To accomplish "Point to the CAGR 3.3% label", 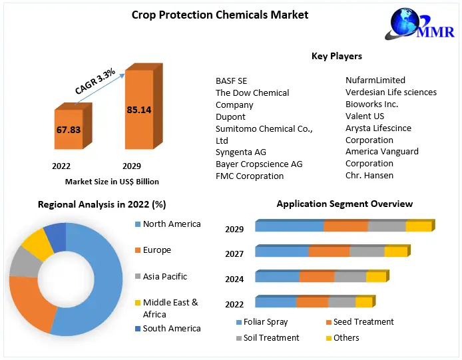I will coord(95,81).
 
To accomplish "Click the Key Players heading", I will coord(337,56).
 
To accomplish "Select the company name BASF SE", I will coord(231,81).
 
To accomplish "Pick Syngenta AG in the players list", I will coord(240,152).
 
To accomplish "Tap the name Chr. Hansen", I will coord(369,175).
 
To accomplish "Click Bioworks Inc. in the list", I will coord(371,104).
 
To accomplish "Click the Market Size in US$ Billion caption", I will coord(112,181).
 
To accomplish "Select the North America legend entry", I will coord(171,224).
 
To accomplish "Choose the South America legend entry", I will coord(171,328).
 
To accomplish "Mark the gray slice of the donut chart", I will coord(25,264).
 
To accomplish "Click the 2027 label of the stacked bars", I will coord(234,254).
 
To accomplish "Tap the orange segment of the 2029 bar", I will coord(346,226).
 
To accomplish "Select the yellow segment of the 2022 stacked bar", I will coord(363,302).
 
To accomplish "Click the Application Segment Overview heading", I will coord(344,204).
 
